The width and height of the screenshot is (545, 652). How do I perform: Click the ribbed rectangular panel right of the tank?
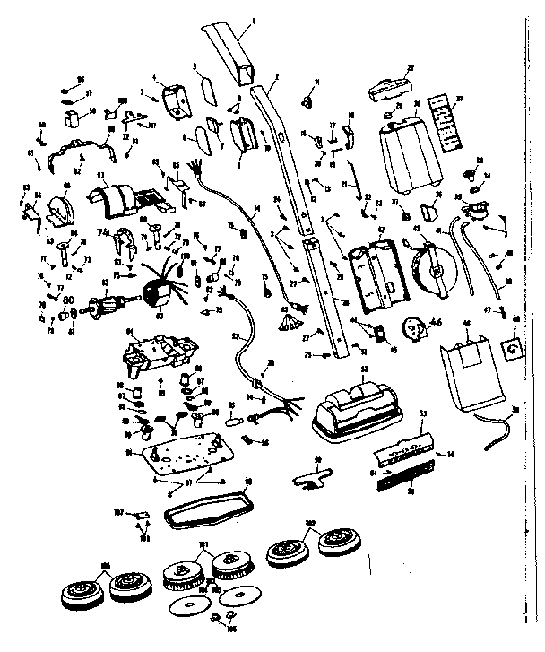pos(446,122)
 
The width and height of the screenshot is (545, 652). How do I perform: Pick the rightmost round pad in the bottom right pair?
pos(340,543)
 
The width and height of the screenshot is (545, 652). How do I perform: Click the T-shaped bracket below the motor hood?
pos(310,471)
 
